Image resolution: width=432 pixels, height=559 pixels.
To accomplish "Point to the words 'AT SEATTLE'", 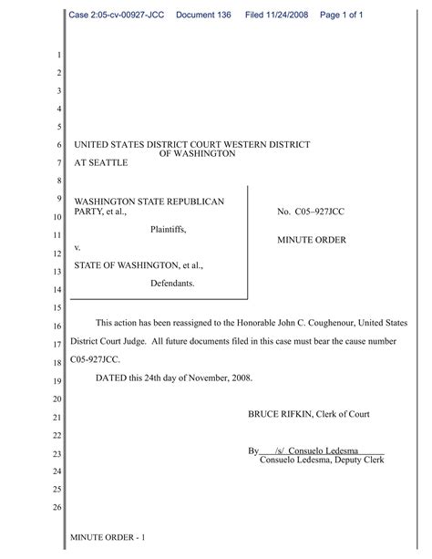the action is click(100, 163).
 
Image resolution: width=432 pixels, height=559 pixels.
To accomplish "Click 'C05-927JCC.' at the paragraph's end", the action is click(97, 361).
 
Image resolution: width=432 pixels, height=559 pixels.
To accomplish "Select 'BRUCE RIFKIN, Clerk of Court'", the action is click(309, 414).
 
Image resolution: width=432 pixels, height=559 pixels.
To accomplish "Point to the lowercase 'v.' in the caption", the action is click(77, 247).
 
